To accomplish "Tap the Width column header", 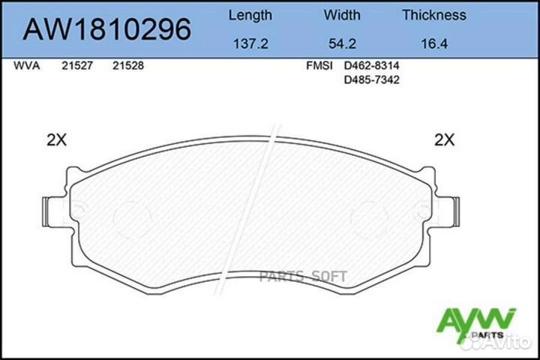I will [x=342, y=15].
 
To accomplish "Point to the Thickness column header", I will [x=433, y=15].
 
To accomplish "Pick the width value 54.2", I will [x=342, y=44].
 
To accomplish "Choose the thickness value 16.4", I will [x=433, y=44].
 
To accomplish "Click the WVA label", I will [x=27, y=66].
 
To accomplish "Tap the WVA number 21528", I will [x=127, y=66].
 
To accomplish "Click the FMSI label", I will [x=319, y=66].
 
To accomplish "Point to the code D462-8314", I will [x=370, y=66].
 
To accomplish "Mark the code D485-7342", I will [x=370, y=79].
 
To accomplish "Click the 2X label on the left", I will [x=56, y=139].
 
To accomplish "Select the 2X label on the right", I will [x=445, y=139].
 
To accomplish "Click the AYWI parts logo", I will [x=487, y=322].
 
